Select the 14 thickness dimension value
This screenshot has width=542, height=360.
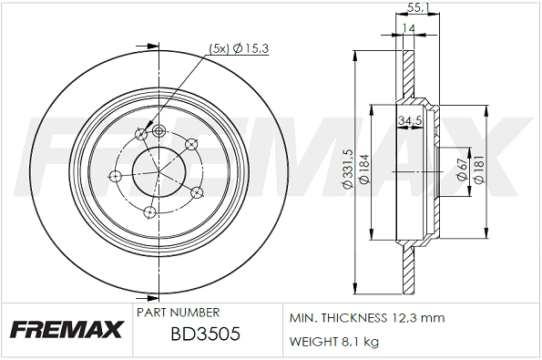(410, 29)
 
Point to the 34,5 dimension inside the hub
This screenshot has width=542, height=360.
(409, 119)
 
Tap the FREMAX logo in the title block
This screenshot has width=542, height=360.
(66, 330)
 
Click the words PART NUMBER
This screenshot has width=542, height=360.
(178, 312)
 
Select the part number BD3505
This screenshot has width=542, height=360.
(205, 334)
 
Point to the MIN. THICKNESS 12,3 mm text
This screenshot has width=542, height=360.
(366, 318)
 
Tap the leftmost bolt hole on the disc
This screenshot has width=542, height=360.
(115, 175)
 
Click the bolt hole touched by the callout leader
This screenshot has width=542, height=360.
(141, 135)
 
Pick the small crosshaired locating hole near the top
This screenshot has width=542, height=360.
(159, 130)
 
